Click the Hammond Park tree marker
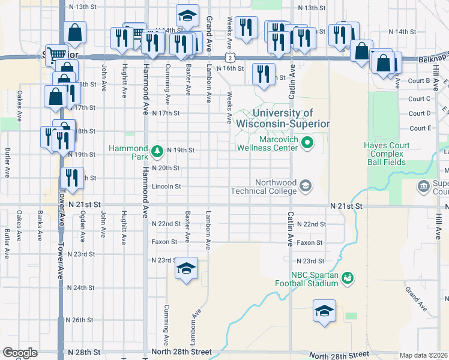(157, 151)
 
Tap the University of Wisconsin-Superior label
(283, 118)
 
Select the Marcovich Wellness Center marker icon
(307, 143)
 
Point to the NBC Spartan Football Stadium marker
(347, 278)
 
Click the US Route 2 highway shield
(230, 57)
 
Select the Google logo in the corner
(19, 353)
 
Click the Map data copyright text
(423, 355)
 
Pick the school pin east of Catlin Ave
(324, 311)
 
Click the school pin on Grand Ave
(187, 16)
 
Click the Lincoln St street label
(166, 187)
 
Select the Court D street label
(420, 113)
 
